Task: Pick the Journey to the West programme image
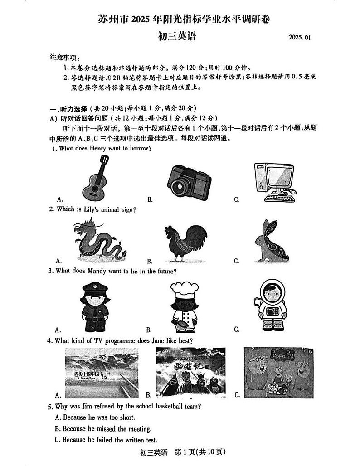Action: click(x=190, y=372)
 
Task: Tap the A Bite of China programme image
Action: click(x=102, y=372)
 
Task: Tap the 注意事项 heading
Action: click(x=63, y=58)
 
